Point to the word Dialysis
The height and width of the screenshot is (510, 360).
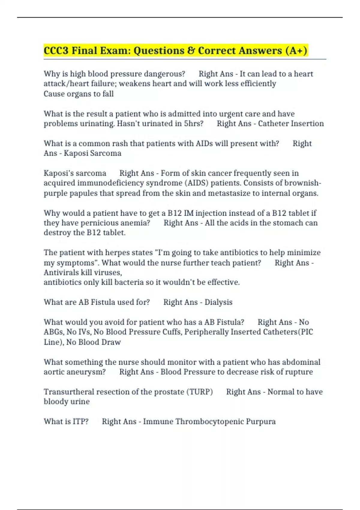218,302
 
